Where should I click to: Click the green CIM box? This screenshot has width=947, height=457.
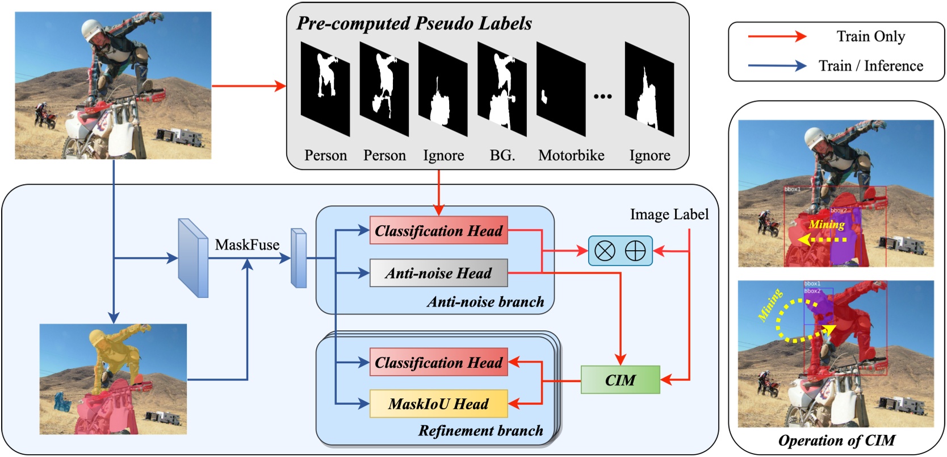[620, 380]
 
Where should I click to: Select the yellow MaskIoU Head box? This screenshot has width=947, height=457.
[438, 404]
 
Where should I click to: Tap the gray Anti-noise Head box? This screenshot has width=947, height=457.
[438, 273]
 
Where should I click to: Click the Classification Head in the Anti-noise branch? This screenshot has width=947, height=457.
[438, 230]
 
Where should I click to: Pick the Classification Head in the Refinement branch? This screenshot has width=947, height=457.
[438, 362]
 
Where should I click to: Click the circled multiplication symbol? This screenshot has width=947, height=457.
[605, 251]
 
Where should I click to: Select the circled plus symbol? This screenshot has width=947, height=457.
[635, 251]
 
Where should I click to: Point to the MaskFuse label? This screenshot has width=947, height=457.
[247, 244]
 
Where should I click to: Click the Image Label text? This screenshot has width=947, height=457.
[669, 214]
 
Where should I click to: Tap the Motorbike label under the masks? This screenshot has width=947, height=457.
[571, 155]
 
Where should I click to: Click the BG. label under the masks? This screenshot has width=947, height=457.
[502, 155]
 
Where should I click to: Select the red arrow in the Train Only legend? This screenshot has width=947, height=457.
[777, 36]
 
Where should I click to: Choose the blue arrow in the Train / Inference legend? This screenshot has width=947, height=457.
[777, 66]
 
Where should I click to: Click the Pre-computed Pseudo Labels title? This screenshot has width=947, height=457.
[414, 23]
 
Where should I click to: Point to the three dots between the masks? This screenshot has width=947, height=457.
[602, 97]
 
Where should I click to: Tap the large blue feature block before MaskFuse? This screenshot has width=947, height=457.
[193, 257]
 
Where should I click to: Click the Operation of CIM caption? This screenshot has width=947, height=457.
[836, 441]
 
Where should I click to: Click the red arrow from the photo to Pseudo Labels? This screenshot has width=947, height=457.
[248, 86]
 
